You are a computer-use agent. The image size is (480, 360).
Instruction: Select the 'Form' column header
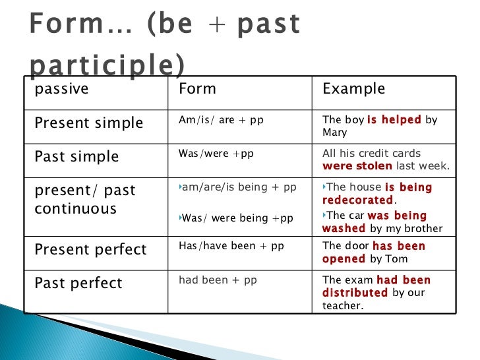tap(197, 89)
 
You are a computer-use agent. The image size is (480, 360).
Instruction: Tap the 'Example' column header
tap(353, 89)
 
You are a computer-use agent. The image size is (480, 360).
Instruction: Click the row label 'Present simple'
tap(88, 123)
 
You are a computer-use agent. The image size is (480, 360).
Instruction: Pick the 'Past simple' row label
tap(76, 157)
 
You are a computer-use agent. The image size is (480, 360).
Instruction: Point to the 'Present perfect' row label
tap(90, 250)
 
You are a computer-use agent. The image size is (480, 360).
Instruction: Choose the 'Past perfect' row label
tap(78, 284)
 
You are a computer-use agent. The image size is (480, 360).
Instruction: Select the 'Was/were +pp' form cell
tap(216, 154)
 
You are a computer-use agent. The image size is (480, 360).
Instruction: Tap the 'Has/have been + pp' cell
tap(231, 246)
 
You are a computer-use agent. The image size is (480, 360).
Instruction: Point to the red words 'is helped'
tap(394, 120)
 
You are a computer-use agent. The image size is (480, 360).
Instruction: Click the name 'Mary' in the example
tap(334, 133)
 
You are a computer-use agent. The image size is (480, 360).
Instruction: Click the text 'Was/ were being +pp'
tap(237, 218)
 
